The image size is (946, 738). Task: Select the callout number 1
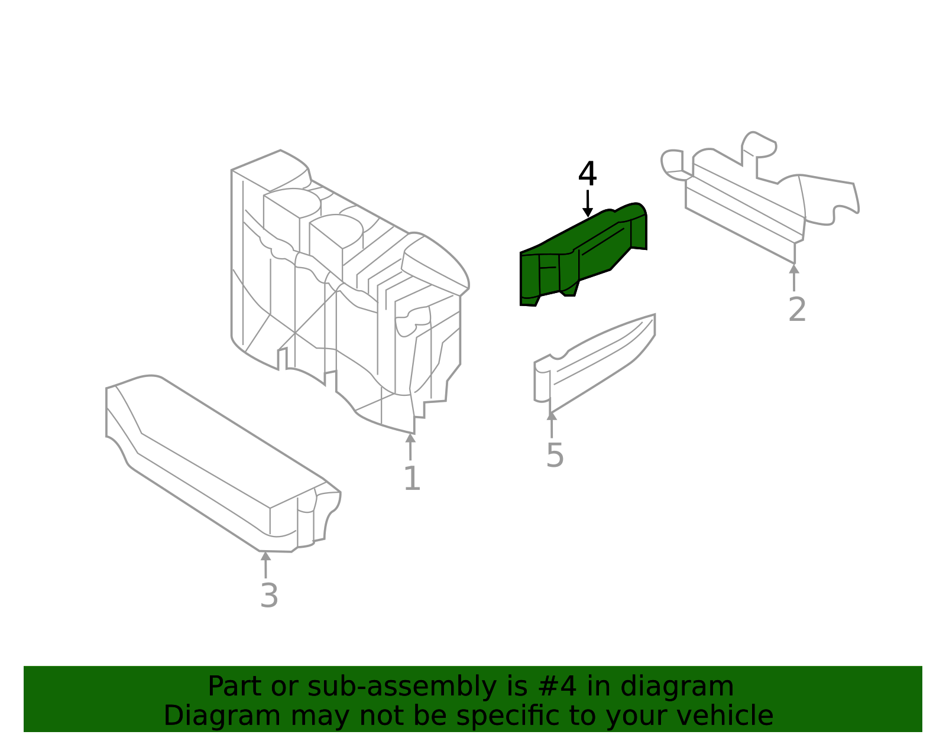tap(412, 479)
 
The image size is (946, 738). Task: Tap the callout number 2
tap(797, 310)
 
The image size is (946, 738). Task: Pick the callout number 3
tap(269, 596)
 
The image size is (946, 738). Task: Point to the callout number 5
tap(555, 456)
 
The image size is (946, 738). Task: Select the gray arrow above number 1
tap(410, 446)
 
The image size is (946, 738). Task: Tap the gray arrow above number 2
tap(794, 277)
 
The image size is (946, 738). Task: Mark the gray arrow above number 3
tap(266, 564)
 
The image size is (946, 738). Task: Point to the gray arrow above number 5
tap(552, 424)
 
